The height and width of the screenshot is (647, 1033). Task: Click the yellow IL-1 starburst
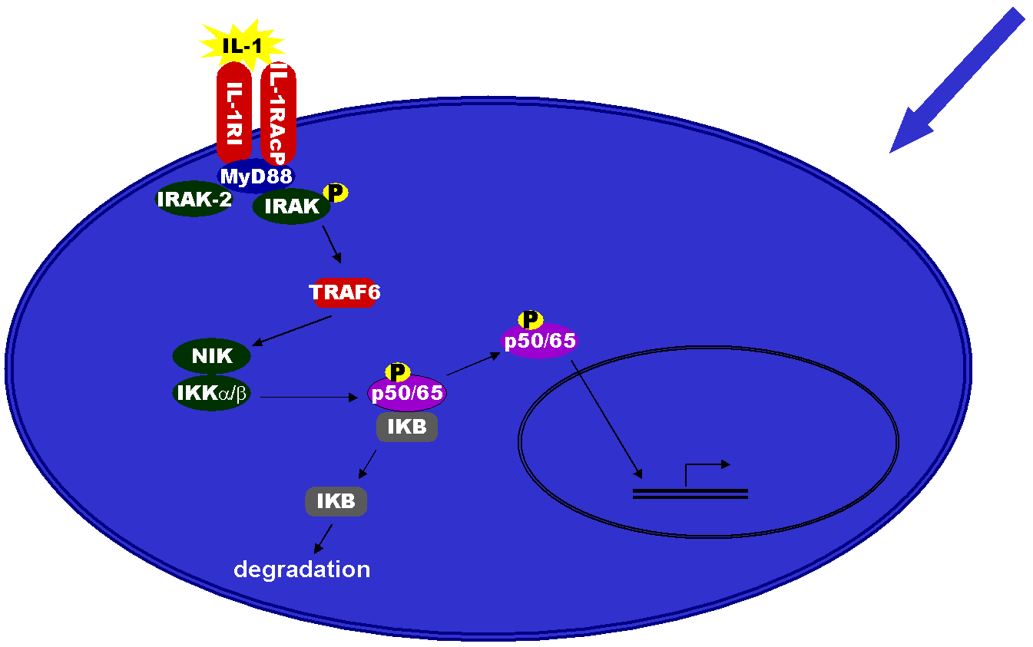pyautogui.click(x=242, y=45)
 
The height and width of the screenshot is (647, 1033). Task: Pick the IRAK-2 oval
pyautogui.click(x=194, y=200)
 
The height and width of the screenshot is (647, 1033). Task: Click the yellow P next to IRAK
pyautogui.click(x=336, y=193)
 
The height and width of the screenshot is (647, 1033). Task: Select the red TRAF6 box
pyautogui.click(x=345, y=292)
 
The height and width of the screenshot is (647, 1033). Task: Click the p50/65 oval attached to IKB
pyautogui.click(x=407, y=394)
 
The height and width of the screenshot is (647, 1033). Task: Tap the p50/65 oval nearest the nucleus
pyautogui.click(x=539, y=341)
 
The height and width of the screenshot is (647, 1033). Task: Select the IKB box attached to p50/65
pyautogui.click(x=407, y=427)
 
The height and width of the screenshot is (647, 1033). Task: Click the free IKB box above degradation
pyautogui.click(x=336, y=501)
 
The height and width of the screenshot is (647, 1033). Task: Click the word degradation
pyautogui.click(x=302, y=569)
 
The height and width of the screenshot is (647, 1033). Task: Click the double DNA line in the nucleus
pyautogui.click(x=690, y=494)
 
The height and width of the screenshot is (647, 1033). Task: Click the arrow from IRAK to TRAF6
pyautogui.click(x=332, y=246)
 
